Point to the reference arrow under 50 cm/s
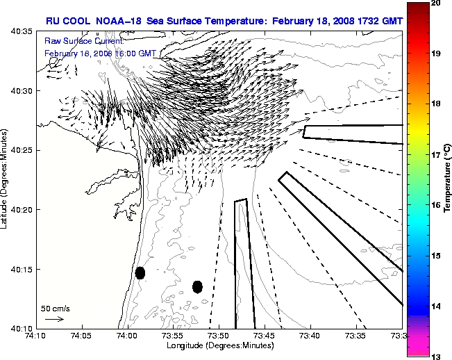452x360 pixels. point(54,319)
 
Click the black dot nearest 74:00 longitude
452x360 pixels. point(140,272)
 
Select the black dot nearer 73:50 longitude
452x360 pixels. point(197,286)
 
